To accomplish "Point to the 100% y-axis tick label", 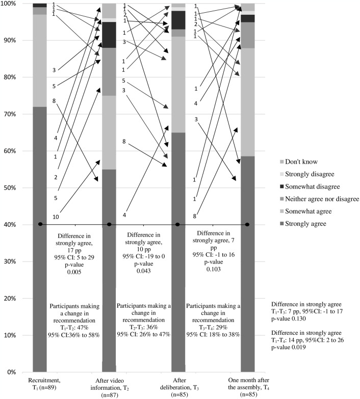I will click(9, 4).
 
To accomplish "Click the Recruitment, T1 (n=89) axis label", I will click(40, 382).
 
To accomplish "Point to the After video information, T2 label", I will click(110, 386).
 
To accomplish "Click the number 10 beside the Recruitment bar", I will click(55, 217).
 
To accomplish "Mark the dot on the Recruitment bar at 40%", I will click(40, 225).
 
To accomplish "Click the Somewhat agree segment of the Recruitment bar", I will click(40, 61).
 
